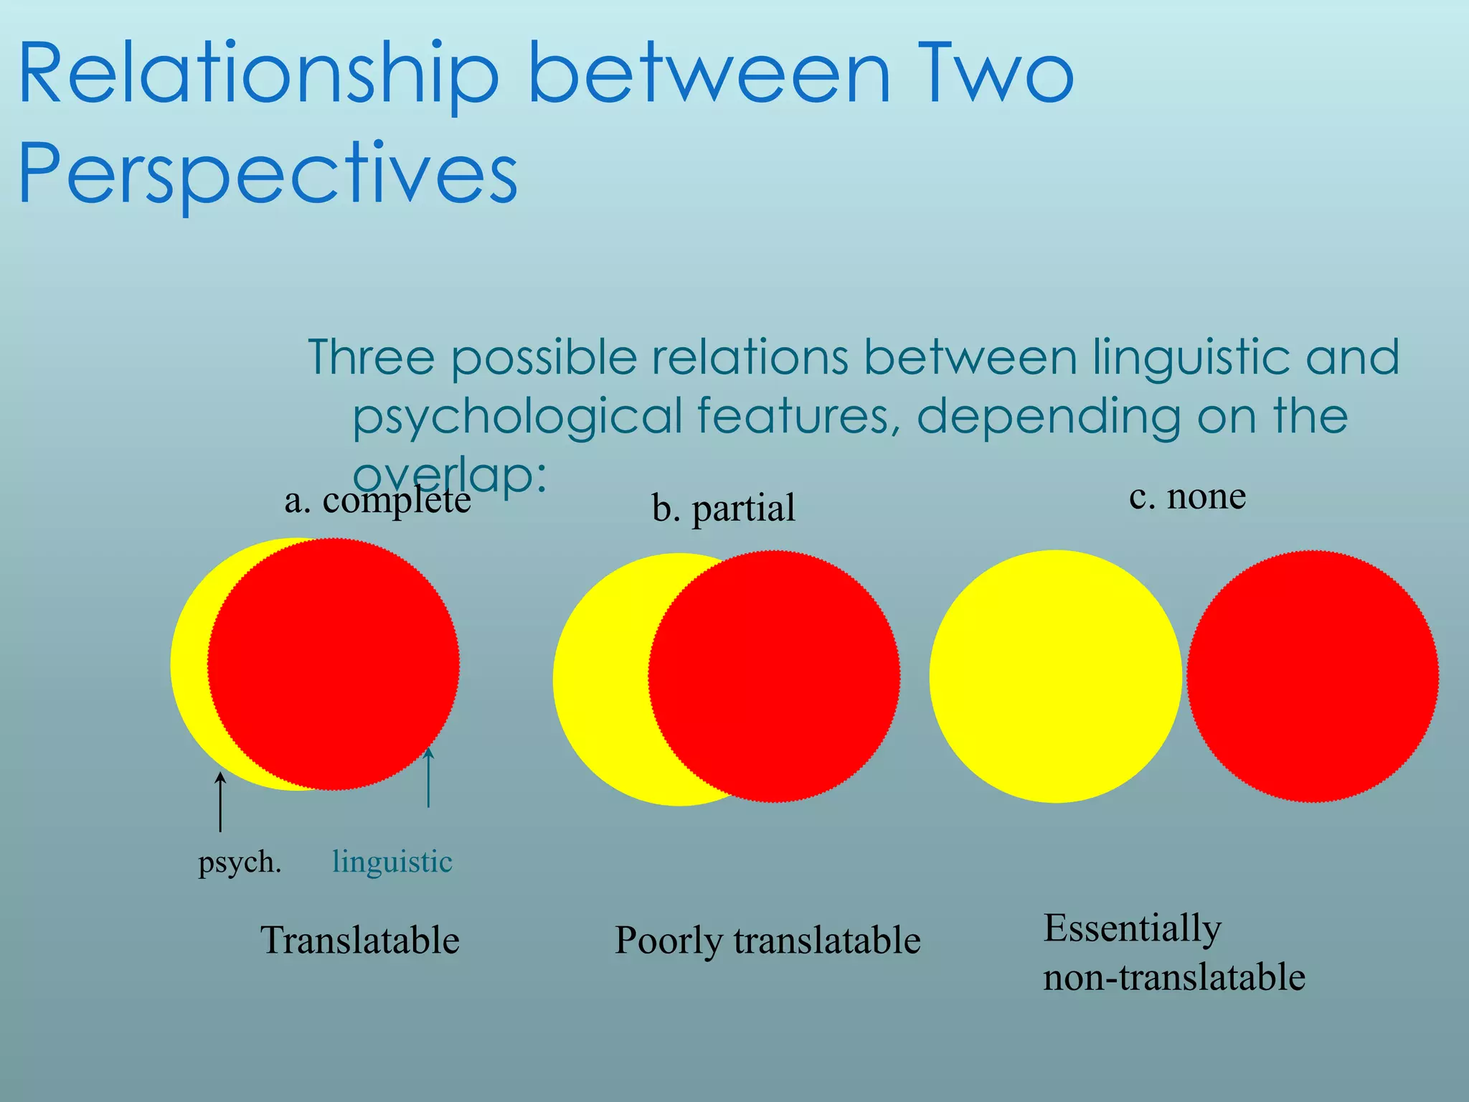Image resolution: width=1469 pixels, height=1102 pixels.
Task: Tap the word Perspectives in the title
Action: pos(268,174)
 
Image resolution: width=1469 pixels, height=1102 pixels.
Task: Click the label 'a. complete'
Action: pos(377,500)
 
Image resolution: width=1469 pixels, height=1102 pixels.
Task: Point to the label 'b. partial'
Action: pos(723,508)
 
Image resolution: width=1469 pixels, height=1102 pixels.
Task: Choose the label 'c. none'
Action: pos(1187,496)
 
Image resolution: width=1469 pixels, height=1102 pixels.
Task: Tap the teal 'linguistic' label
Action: pos(392,861)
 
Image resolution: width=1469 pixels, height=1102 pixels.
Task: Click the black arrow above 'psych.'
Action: pos(220,801)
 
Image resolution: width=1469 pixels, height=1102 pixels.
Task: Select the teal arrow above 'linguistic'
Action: pos(428,778)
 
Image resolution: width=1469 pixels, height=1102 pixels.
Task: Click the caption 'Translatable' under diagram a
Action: pos(359,940)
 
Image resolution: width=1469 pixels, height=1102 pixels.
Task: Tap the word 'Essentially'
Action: pos(1132,928)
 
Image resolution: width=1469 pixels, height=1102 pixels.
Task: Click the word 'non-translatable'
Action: pos(1173,977)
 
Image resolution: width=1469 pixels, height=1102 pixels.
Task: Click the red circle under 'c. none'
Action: pos(1313,676)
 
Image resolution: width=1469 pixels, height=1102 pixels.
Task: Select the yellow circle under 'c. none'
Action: pos(1055,676)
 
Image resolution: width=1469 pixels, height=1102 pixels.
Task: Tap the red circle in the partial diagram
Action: pos(775,676)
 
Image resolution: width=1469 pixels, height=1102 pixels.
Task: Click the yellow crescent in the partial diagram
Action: pos(599,679)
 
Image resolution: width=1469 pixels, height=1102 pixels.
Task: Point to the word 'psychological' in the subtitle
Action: pos(517,416)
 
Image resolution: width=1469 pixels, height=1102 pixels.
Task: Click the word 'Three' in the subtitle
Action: pos(372,357)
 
